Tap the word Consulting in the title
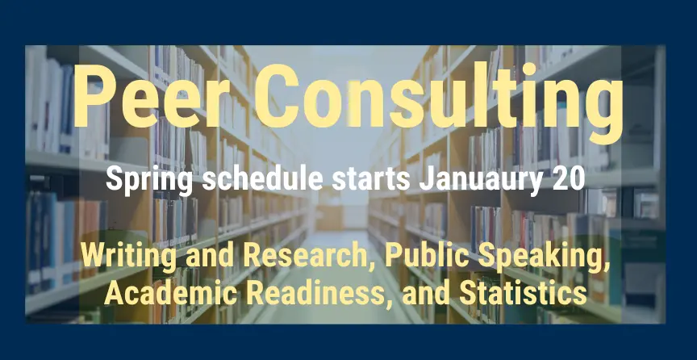438,103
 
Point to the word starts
371,179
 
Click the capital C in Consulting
276,96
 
